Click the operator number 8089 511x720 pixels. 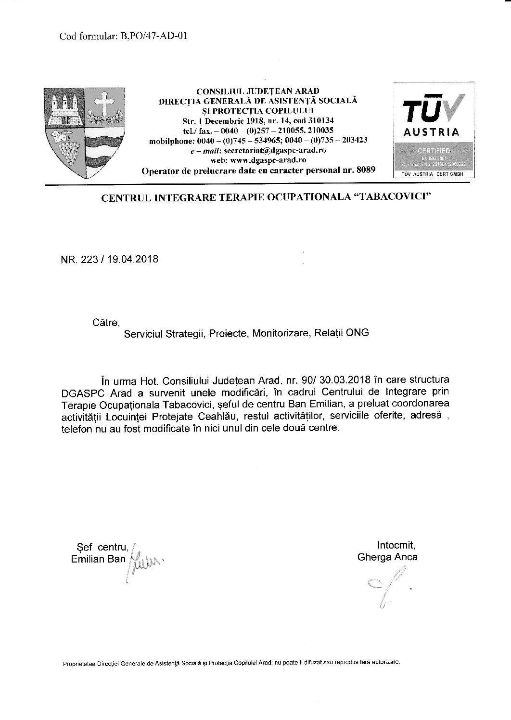click(x=364, y=170)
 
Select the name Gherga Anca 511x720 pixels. click(x=387, y=557)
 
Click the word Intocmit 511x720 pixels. click(x=396, y=546)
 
